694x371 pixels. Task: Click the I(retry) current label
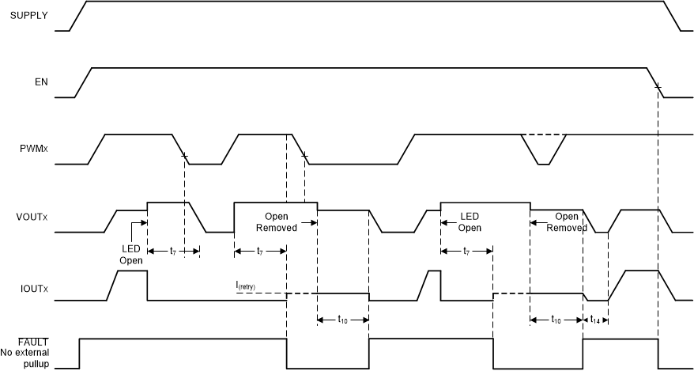click(x=246, y=286)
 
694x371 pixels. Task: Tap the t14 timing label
click(x=595, y=320)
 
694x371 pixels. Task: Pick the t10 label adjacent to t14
click(x=556, y=320)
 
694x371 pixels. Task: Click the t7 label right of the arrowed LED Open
click(x=173, y=251)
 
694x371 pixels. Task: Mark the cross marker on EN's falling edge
click(x=658, y=86)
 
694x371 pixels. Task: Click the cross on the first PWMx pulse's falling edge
click(x=184, y=156)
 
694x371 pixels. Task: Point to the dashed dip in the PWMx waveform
click(x=543, y=150)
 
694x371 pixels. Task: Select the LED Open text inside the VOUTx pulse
click(x=469, y=221)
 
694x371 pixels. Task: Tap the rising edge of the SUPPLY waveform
click(x=78, y=16)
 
